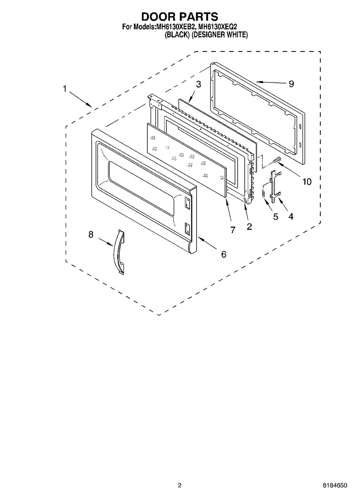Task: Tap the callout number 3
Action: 198,84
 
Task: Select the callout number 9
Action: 291,84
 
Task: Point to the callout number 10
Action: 307,182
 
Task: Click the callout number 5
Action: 276,217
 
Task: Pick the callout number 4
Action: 291,216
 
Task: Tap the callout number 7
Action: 233,230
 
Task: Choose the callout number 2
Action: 249,226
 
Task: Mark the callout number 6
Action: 223,254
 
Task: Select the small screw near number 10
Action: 277,160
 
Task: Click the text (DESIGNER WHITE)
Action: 220,35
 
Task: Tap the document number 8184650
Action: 335,485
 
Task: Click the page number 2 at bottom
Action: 179,485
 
